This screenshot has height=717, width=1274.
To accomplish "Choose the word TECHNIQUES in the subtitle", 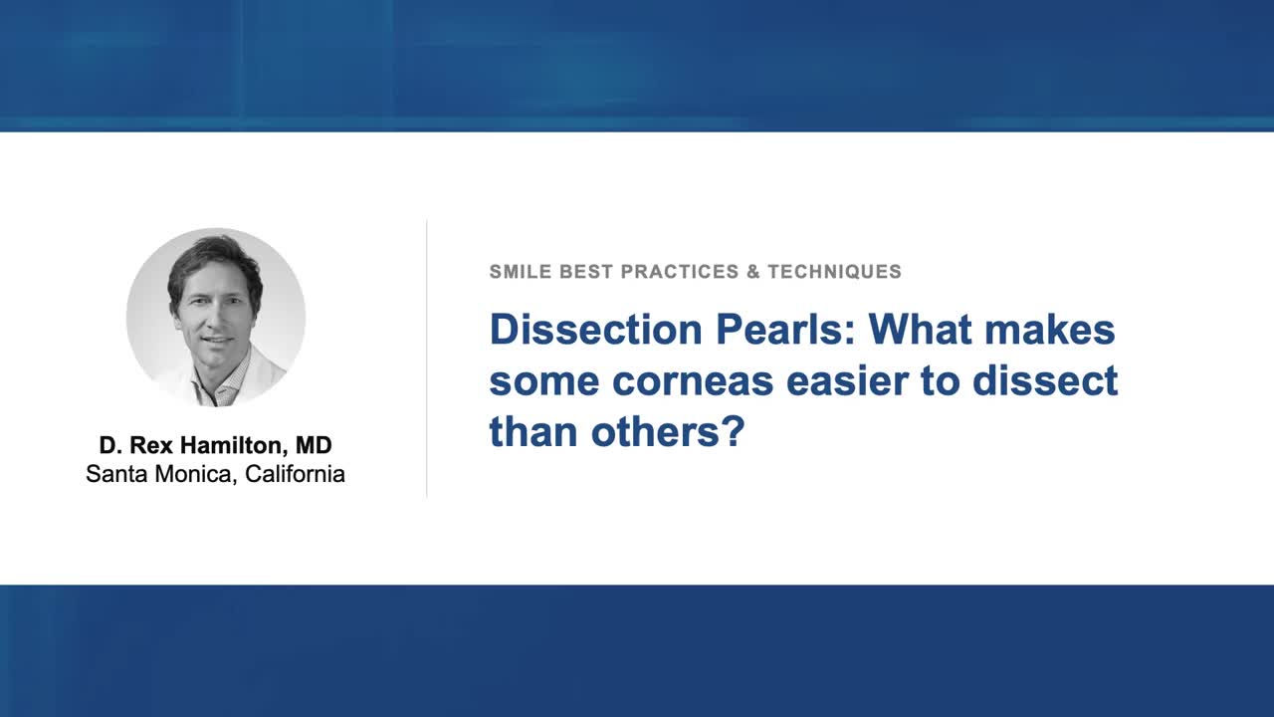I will pyautogui.click(x=834, y=272).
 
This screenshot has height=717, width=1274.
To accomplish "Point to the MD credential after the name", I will pyautogui.click(x=314, y=445).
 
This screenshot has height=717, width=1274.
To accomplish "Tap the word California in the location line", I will pyautogui.click(x=295, y=474).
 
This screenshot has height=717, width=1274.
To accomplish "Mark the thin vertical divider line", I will pyautogui.click(x=427, y=358).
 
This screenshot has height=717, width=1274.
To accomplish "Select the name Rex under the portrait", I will pyautogui.click(x=149, y=445).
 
